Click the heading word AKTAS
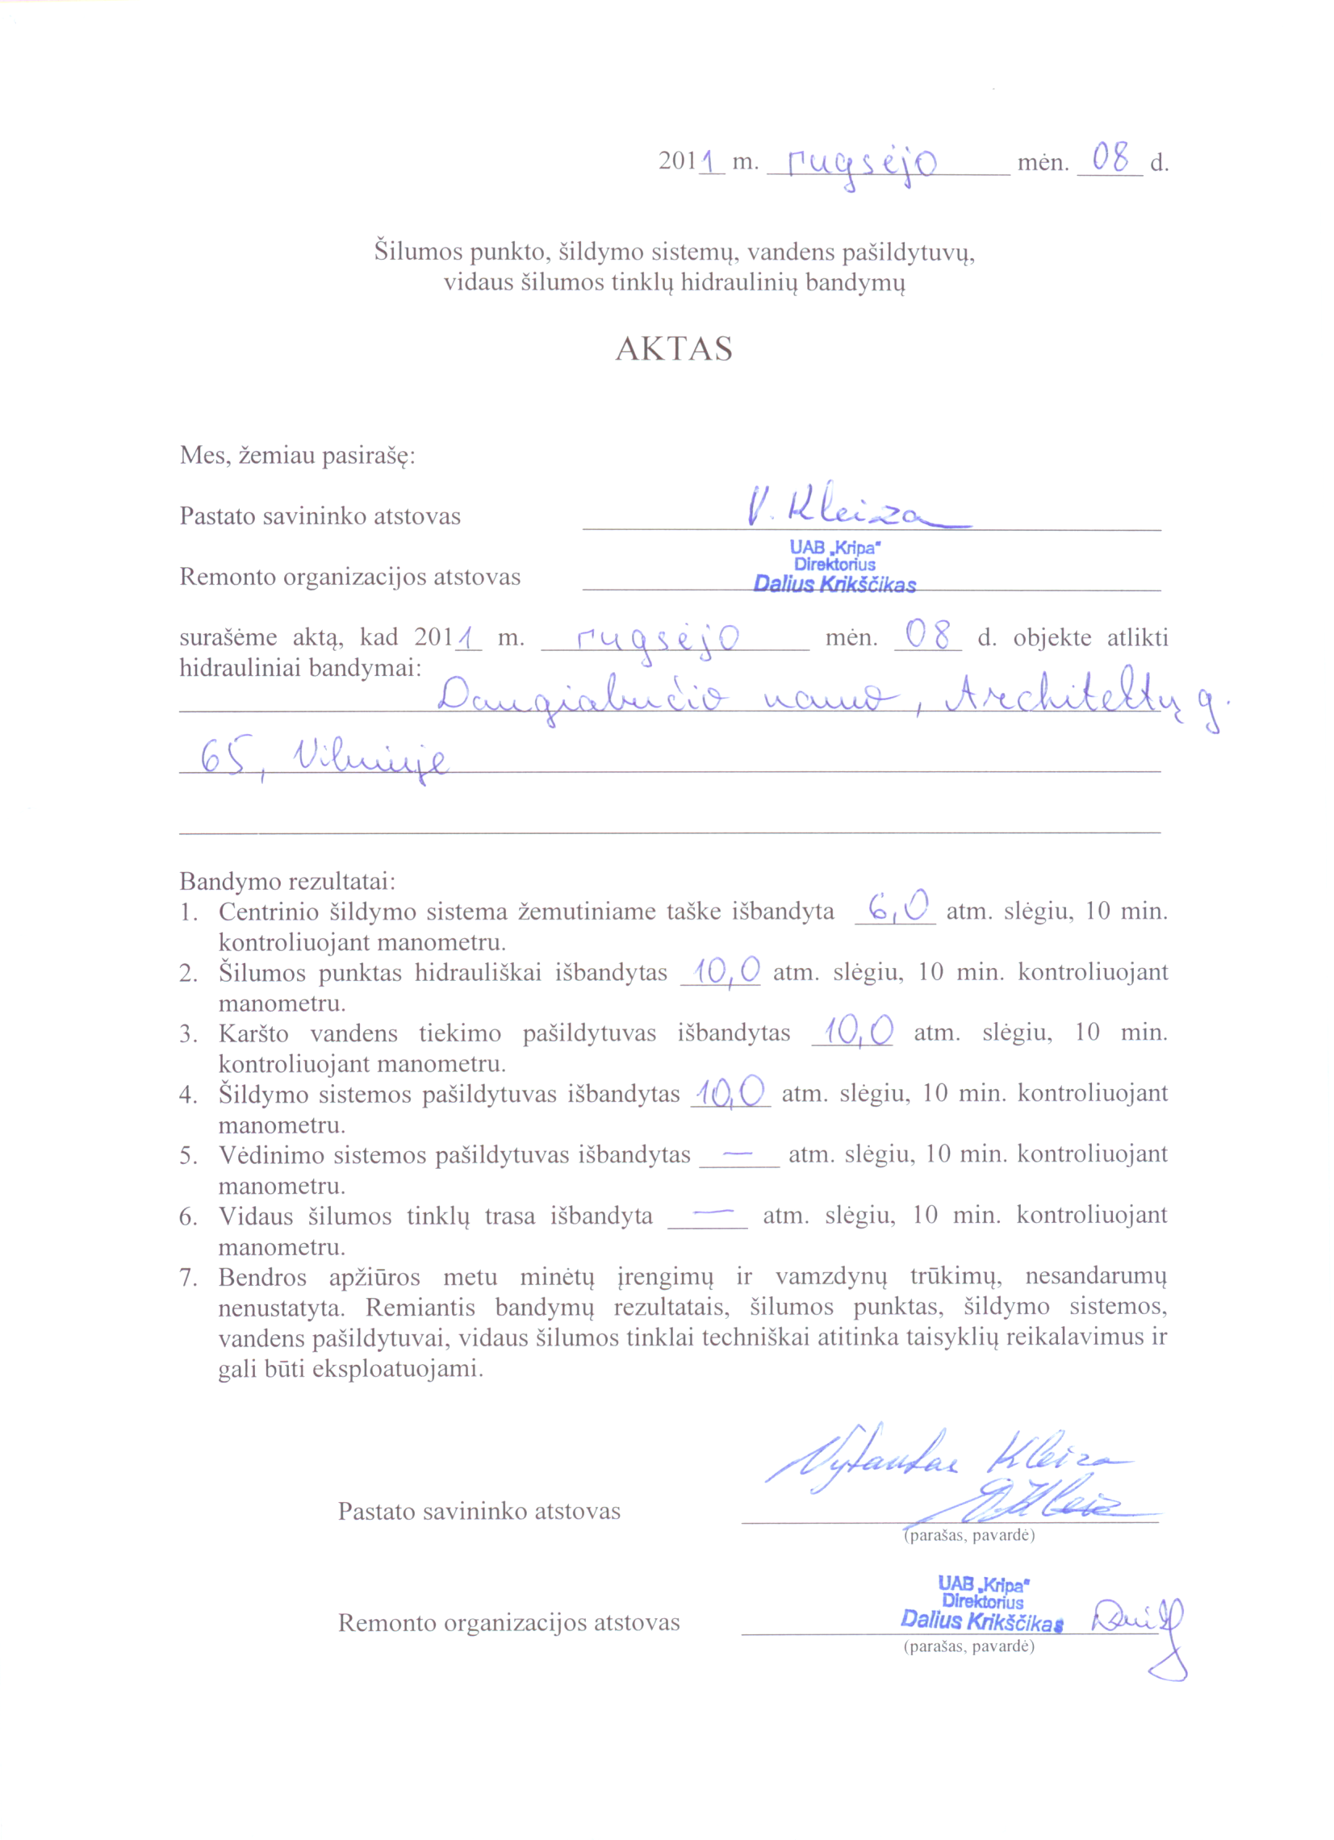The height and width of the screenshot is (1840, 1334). click(x=674, y=348)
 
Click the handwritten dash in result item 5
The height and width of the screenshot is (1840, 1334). click(x=737, y=1152)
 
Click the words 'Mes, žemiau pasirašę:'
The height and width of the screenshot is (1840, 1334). click(x=297, y=455)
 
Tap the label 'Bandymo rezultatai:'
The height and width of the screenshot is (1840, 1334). click(x=287, y=881)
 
